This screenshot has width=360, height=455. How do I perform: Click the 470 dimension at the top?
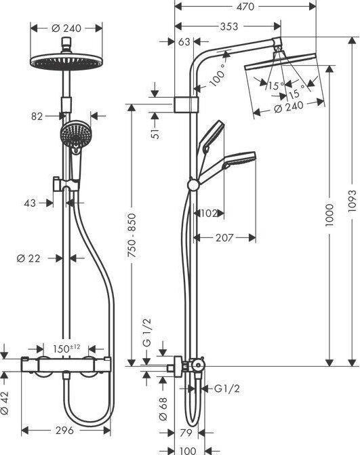tap(245, 7)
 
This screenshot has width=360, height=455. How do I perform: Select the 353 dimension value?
tap(228, 26)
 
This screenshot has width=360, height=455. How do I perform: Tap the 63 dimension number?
tap(184, 42)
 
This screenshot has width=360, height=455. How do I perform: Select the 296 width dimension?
tap(65, 430)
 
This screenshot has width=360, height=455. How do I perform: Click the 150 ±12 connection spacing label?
tap(66, 349)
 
